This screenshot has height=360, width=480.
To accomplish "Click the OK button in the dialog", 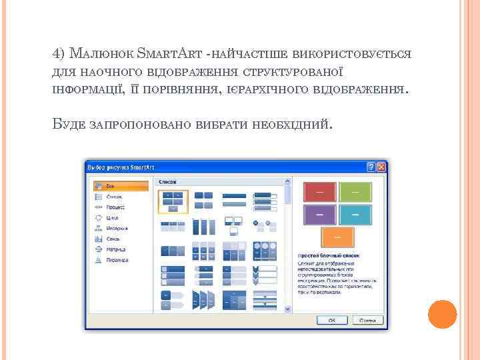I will tap(330, 321).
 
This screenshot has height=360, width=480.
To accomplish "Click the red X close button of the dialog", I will tap(381, 166).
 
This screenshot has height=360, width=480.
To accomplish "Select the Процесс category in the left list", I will tap(115, 207).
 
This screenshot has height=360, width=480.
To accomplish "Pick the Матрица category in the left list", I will tap(115, 249).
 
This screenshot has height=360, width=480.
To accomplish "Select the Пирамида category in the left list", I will tap(117, 260).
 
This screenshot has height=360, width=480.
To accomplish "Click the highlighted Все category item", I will tap(110, 186).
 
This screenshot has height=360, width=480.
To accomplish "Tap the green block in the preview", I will tap(355, 192).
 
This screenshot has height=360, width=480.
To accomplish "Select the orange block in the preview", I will tap(337, 237).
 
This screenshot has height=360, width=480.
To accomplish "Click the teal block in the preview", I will tap(355, 215).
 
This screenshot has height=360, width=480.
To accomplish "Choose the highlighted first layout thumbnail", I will tap(173, 201).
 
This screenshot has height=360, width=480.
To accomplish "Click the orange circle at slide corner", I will tap(442, 313).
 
